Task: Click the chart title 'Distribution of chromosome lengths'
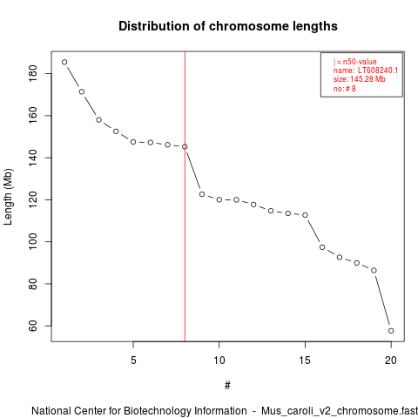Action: tap(228, 26)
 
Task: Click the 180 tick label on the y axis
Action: tap(33, 73)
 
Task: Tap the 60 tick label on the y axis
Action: tap(33, 326)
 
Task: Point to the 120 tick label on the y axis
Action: tap(33, 199)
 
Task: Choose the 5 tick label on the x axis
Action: tap(133, 361)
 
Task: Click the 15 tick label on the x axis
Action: tap(305, 361)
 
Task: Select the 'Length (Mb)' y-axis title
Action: tap(9, 197)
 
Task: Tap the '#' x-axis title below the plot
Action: tap(227, 386)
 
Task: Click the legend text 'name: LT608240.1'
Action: tap(366, 71)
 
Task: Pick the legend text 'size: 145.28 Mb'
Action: tap(360, 79)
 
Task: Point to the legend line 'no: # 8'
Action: tap(345, 89)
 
